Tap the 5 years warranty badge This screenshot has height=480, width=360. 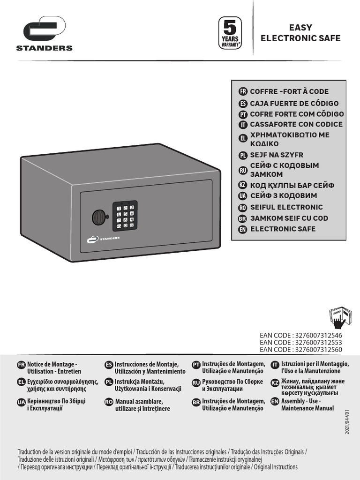(x=230, y=33)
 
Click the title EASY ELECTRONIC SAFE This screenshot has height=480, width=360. (x=300, y=33)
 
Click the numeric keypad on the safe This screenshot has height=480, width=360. (x=125, y=216)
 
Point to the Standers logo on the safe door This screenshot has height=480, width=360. (x=103, y=239)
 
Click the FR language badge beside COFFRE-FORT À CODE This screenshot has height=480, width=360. (x=243, y=91)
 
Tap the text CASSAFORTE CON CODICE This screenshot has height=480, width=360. (x=296, y=124)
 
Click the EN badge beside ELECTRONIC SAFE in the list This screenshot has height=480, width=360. (x=243, y=229)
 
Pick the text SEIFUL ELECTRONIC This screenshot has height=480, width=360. (x=286, y=207)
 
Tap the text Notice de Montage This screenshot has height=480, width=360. (x=52, y=364)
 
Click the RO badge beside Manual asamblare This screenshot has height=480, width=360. (x=109, y=402)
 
